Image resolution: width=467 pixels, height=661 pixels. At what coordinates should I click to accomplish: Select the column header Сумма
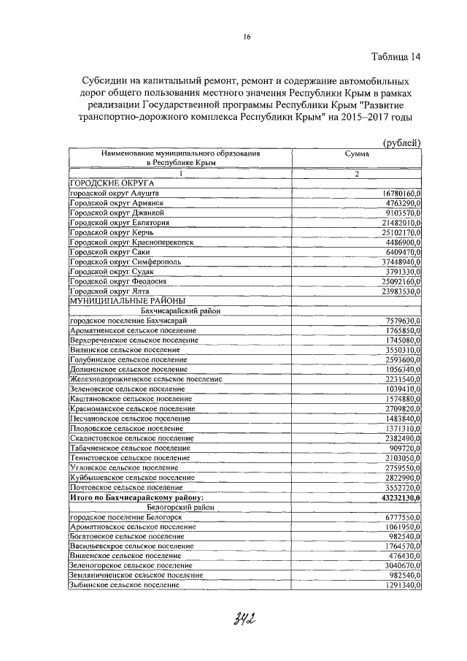357,154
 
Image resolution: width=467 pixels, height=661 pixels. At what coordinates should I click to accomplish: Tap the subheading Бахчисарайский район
180,310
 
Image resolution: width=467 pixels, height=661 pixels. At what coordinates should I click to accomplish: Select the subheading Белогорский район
180,506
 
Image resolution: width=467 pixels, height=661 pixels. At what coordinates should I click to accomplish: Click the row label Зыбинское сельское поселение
123,585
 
